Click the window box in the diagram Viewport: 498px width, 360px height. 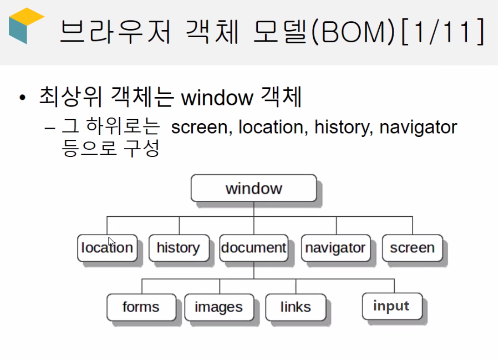click(254, 188)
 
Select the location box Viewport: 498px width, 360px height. click(108, 248)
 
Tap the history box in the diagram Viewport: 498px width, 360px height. click(179, 248)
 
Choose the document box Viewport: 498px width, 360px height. click(254, 248)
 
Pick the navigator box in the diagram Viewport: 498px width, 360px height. click(336, 248)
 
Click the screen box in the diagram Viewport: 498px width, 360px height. click(412, 248)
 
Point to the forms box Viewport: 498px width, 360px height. click(141, 307)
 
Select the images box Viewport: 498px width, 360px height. click(219, 307)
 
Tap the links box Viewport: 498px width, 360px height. click(296, 307)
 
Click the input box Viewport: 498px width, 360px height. click(392, 307)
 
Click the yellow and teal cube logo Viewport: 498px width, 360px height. click(26, 26)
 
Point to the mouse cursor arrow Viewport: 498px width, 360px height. click(111, 241)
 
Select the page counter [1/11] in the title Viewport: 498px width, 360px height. click(443, 32)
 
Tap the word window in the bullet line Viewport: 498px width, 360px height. click(217, 98)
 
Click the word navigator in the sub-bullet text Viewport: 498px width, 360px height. click(418, 127)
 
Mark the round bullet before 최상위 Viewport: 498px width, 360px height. click(22, 98)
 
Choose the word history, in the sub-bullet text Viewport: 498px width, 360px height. click(343, 127)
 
